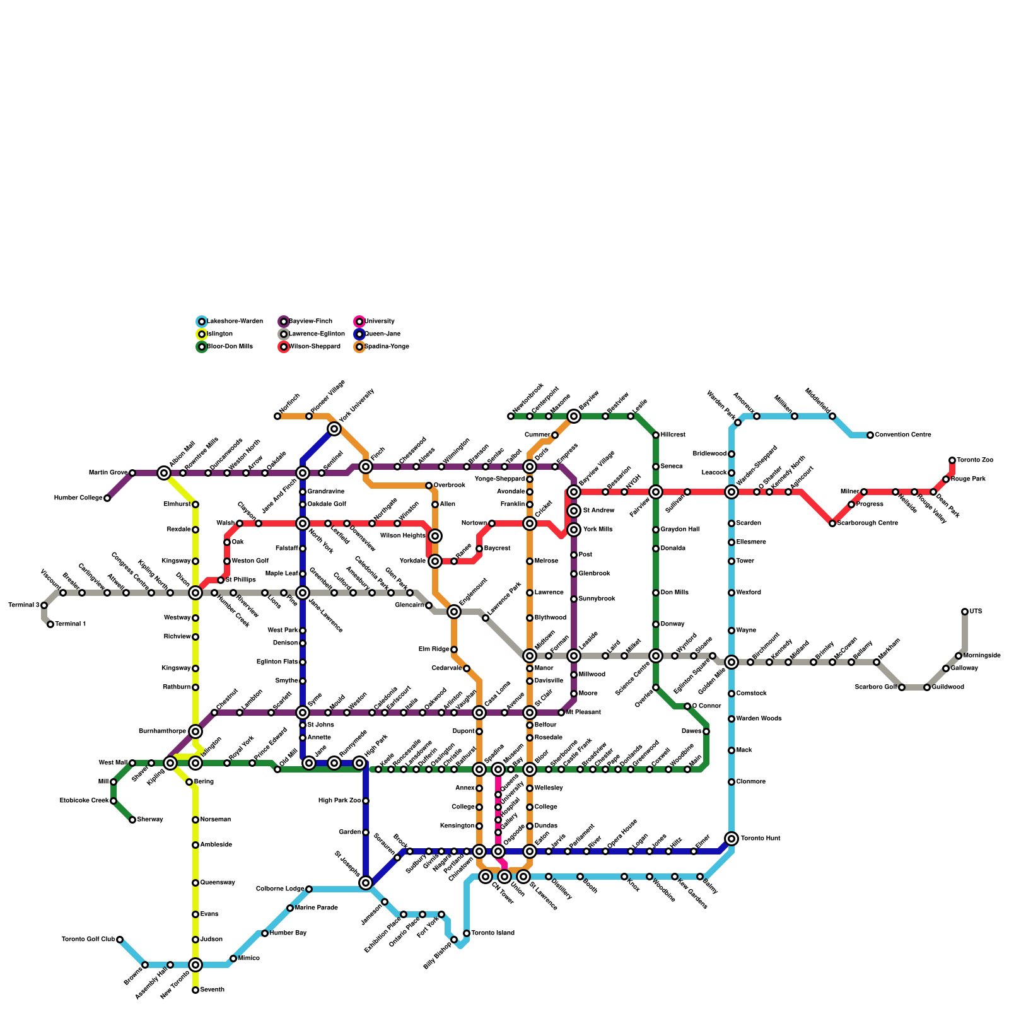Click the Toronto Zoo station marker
tap(952, 460)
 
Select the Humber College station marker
tap(107, 498)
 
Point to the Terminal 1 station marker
tap(50, 624)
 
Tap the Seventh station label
tap(212, 990)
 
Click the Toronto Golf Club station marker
tap(120, 940)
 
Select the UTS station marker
tap(965, 612)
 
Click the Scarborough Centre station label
tap(866, 523)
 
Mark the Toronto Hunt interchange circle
tap(732, 839)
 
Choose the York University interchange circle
tap(334, 429)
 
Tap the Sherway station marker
tap(132, 820)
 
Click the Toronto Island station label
tap(493, 933)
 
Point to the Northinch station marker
tap(277, 416)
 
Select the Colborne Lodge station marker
tap(309, 889)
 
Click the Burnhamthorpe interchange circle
tap(195, 732)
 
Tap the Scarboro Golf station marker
tap(902, 687)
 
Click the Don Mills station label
tap(674, 593)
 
